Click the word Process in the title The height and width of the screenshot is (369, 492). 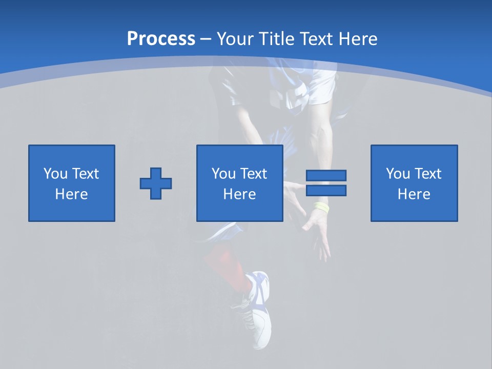pos(161,38)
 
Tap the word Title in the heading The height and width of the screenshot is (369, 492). pos(274,39)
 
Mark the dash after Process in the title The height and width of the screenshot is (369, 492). pos(206,39)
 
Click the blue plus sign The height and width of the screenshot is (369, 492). pos(156,183)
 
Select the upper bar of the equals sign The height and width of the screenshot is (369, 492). pos(326,176)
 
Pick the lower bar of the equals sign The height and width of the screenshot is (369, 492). pos(326,191)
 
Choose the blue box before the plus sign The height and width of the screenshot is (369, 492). pos(72,183)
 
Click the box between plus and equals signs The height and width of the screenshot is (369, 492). pos(239,183)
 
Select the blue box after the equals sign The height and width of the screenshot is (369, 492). pos(414,183)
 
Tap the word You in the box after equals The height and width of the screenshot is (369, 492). pos(397,174)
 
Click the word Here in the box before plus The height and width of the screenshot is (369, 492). pos(72,194)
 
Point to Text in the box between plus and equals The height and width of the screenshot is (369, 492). pos(253,174)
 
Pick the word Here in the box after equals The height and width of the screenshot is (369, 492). pos(414,194)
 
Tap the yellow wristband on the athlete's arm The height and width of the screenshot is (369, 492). pos(322,207)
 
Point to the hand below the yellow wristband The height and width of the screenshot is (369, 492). pos(318,231)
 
